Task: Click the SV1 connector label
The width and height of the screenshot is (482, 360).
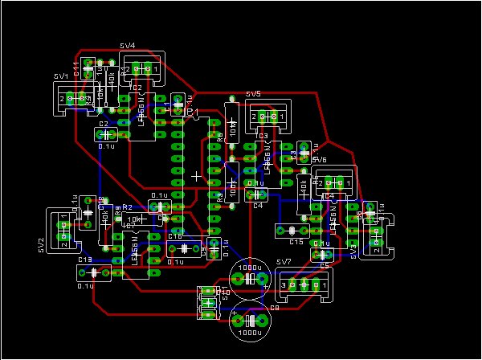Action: pos(60,76)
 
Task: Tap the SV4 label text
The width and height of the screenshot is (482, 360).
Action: pos(127,46)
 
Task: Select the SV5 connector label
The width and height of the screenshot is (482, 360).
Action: pos(253,94)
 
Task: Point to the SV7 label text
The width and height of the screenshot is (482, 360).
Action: pos(282,263)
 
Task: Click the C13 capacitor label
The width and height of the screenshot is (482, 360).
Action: pos(84,260)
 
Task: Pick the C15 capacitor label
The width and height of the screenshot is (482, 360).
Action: pos(296,241)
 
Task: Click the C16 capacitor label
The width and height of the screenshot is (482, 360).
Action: pos(174,236)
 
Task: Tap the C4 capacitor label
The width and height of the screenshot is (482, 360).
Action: pos(258,206)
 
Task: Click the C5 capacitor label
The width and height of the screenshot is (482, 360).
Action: pos(325,265)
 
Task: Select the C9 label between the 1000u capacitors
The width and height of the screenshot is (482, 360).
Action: pos(274,307)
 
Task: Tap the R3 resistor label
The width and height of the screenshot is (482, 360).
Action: pos(219,197)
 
